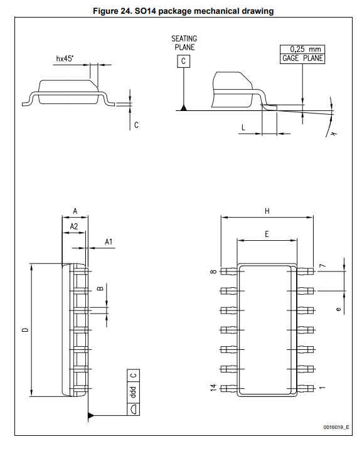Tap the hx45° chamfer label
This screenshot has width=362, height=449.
[x=65, y=59]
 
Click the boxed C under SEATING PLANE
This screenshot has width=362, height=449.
[x=183, y=61]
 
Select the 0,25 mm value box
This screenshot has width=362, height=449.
[x=302, y=49]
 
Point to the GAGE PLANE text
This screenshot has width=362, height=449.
[x=302, y=58]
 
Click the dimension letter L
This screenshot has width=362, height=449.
[x=243, y=127]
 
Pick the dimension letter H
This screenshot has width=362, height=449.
[x=267, y=211]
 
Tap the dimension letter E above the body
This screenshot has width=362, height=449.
[x=267, y=235]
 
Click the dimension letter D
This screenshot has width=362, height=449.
[x=26, y=330]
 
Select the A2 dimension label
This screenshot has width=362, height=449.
[x=74, y=226]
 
